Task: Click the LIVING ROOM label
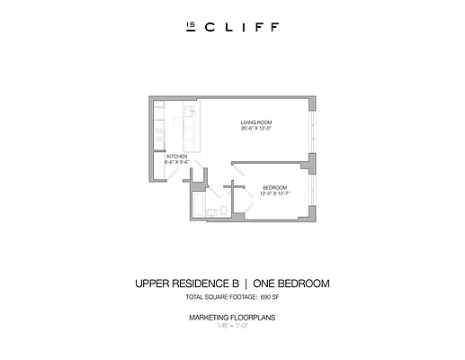256,122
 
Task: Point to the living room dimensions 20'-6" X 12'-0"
256,129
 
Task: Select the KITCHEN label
177,157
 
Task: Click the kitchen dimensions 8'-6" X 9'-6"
177,163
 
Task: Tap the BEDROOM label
273,185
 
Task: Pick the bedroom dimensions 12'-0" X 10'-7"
273,192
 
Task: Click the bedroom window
314,193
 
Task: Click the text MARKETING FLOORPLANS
232,319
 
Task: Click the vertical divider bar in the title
244,283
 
